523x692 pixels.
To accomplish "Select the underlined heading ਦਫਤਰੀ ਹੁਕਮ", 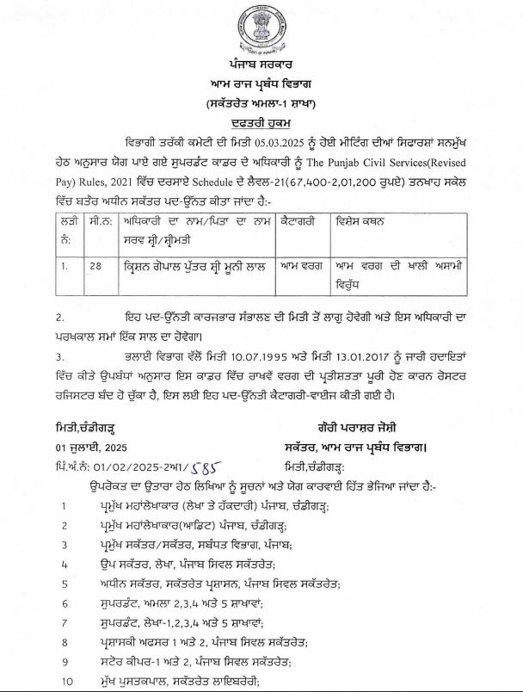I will pos(261,123).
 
